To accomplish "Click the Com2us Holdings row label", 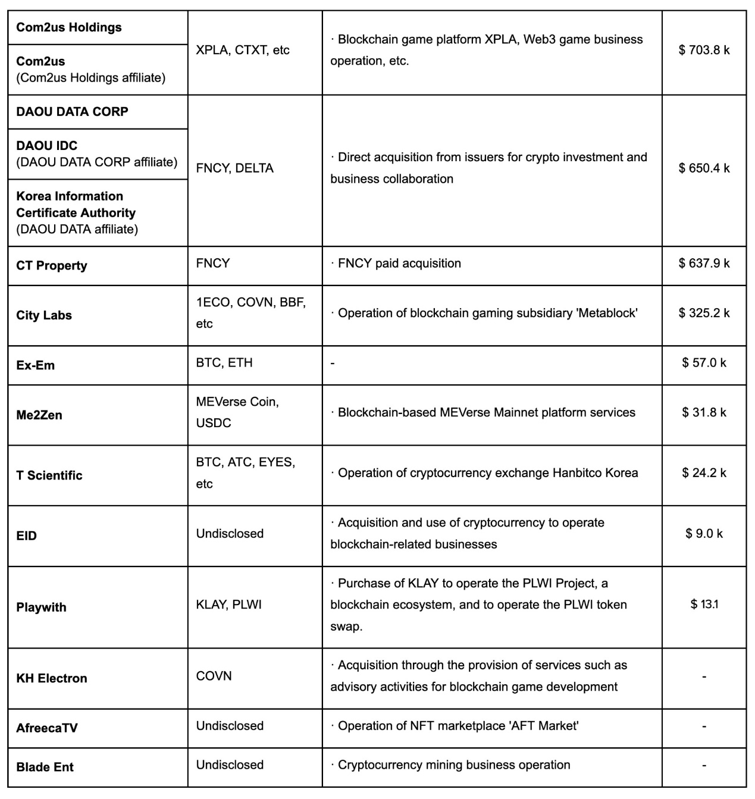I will (69, 27).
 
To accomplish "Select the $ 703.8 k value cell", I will (704, 50).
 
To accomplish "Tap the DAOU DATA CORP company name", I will (72, 112).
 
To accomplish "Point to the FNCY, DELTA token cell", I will (234, 168).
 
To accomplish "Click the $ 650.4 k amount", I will (704, 168).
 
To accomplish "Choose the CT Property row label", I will (52, 266).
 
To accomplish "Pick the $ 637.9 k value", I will (704, 263).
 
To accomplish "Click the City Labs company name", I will (44, 315).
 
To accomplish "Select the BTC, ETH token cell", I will (224, 362).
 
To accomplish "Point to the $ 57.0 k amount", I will (704, 362).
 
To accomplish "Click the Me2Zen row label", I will (39, 415).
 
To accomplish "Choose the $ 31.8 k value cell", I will (704, 412).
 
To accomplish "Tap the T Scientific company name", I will (49, 475).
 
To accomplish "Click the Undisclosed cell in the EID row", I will (230, 534).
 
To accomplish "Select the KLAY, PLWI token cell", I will (228, 604).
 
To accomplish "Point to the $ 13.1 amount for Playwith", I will (704, 604).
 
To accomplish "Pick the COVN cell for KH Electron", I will (214, 676).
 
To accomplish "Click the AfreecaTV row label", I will (47, 728).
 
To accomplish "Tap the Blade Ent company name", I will (45, 767).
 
